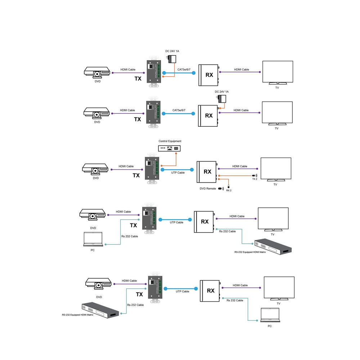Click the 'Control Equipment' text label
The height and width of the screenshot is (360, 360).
pyautogui.click(x=170, y=141)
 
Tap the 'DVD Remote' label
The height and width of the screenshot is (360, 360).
pyautogui.click(x=208, y=189)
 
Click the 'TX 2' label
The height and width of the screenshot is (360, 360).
pyautogui.click(x=255, y=179)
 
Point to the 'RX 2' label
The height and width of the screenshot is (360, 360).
pyautogui.click(x=229, y=190)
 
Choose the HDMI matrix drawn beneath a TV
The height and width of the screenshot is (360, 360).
pyautogui.click(x=273, y=246)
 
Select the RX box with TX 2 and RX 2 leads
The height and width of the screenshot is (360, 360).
pyautogui.click(x=207, y=172)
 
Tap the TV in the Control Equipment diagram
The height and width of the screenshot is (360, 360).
pyautogui.click(x=275, y=169)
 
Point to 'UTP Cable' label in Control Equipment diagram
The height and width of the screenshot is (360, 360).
pyautogui.click(x=177, y=173)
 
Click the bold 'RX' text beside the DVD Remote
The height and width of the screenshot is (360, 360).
pyautogui.click(x=208, y=172)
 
